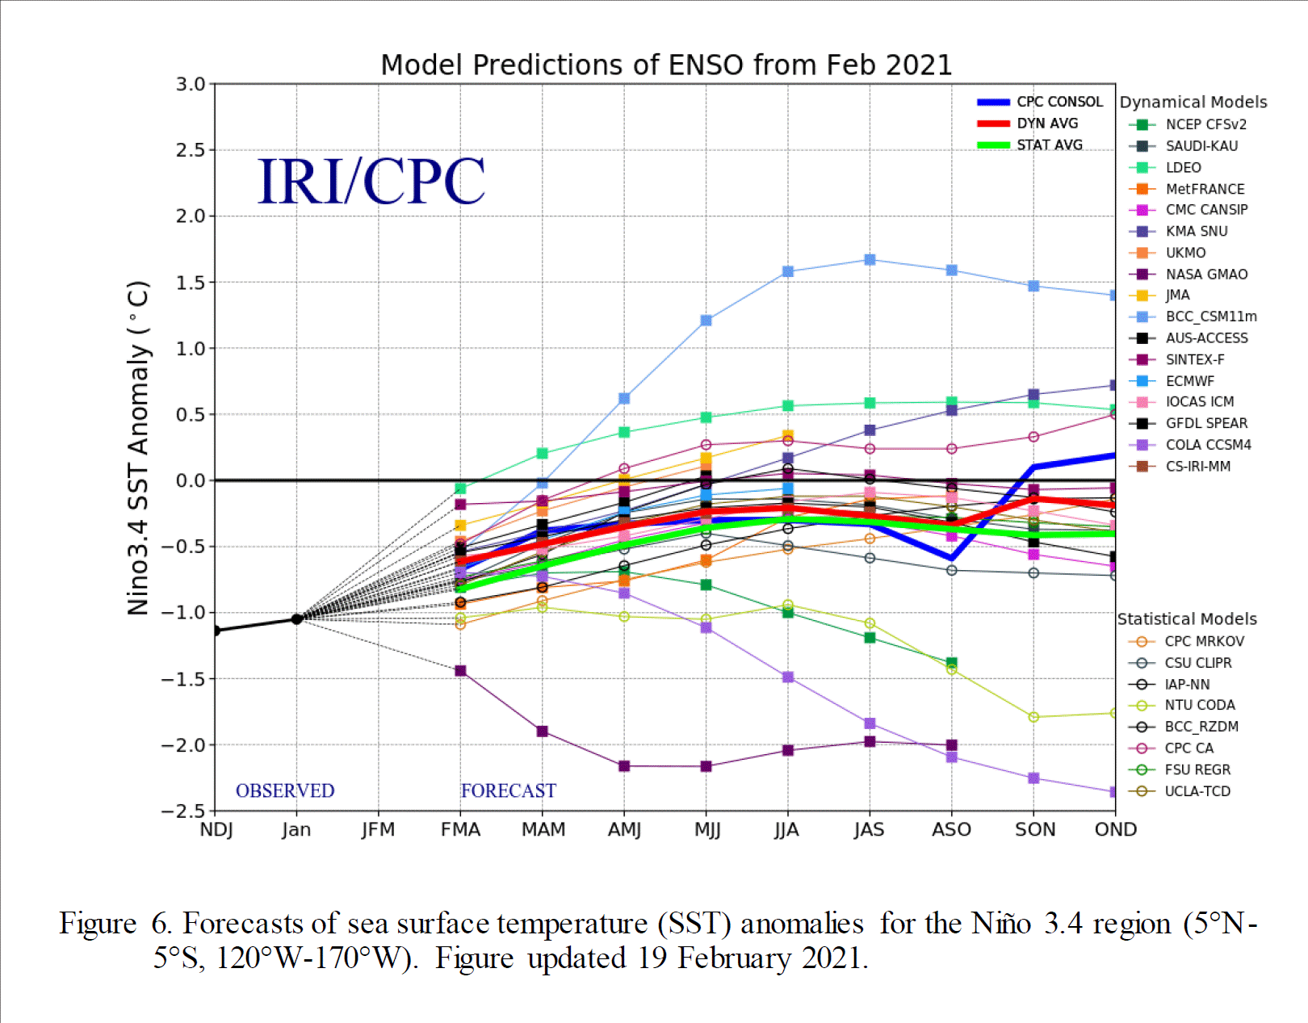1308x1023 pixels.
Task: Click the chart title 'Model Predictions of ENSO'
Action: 665,65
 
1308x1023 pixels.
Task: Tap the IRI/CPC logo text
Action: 371,181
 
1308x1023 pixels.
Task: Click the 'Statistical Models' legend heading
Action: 1186,619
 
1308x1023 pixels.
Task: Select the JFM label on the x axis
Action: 378,830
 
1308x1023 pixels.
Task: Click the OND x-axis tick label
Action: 1115,830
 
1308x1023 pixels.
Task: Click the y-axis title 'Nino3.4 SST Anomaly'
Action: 139,448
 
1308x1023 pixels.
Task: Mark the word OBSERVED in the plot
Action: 285,790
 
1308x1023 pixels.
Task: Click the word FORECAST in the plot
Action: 508,790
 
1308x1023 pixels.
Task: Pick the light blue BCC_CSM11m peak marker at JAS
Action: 870,260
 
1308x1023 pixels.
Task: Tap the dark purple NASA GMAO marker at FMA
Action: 460,671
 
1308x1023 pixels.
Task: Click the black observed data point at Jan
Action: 296,619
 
